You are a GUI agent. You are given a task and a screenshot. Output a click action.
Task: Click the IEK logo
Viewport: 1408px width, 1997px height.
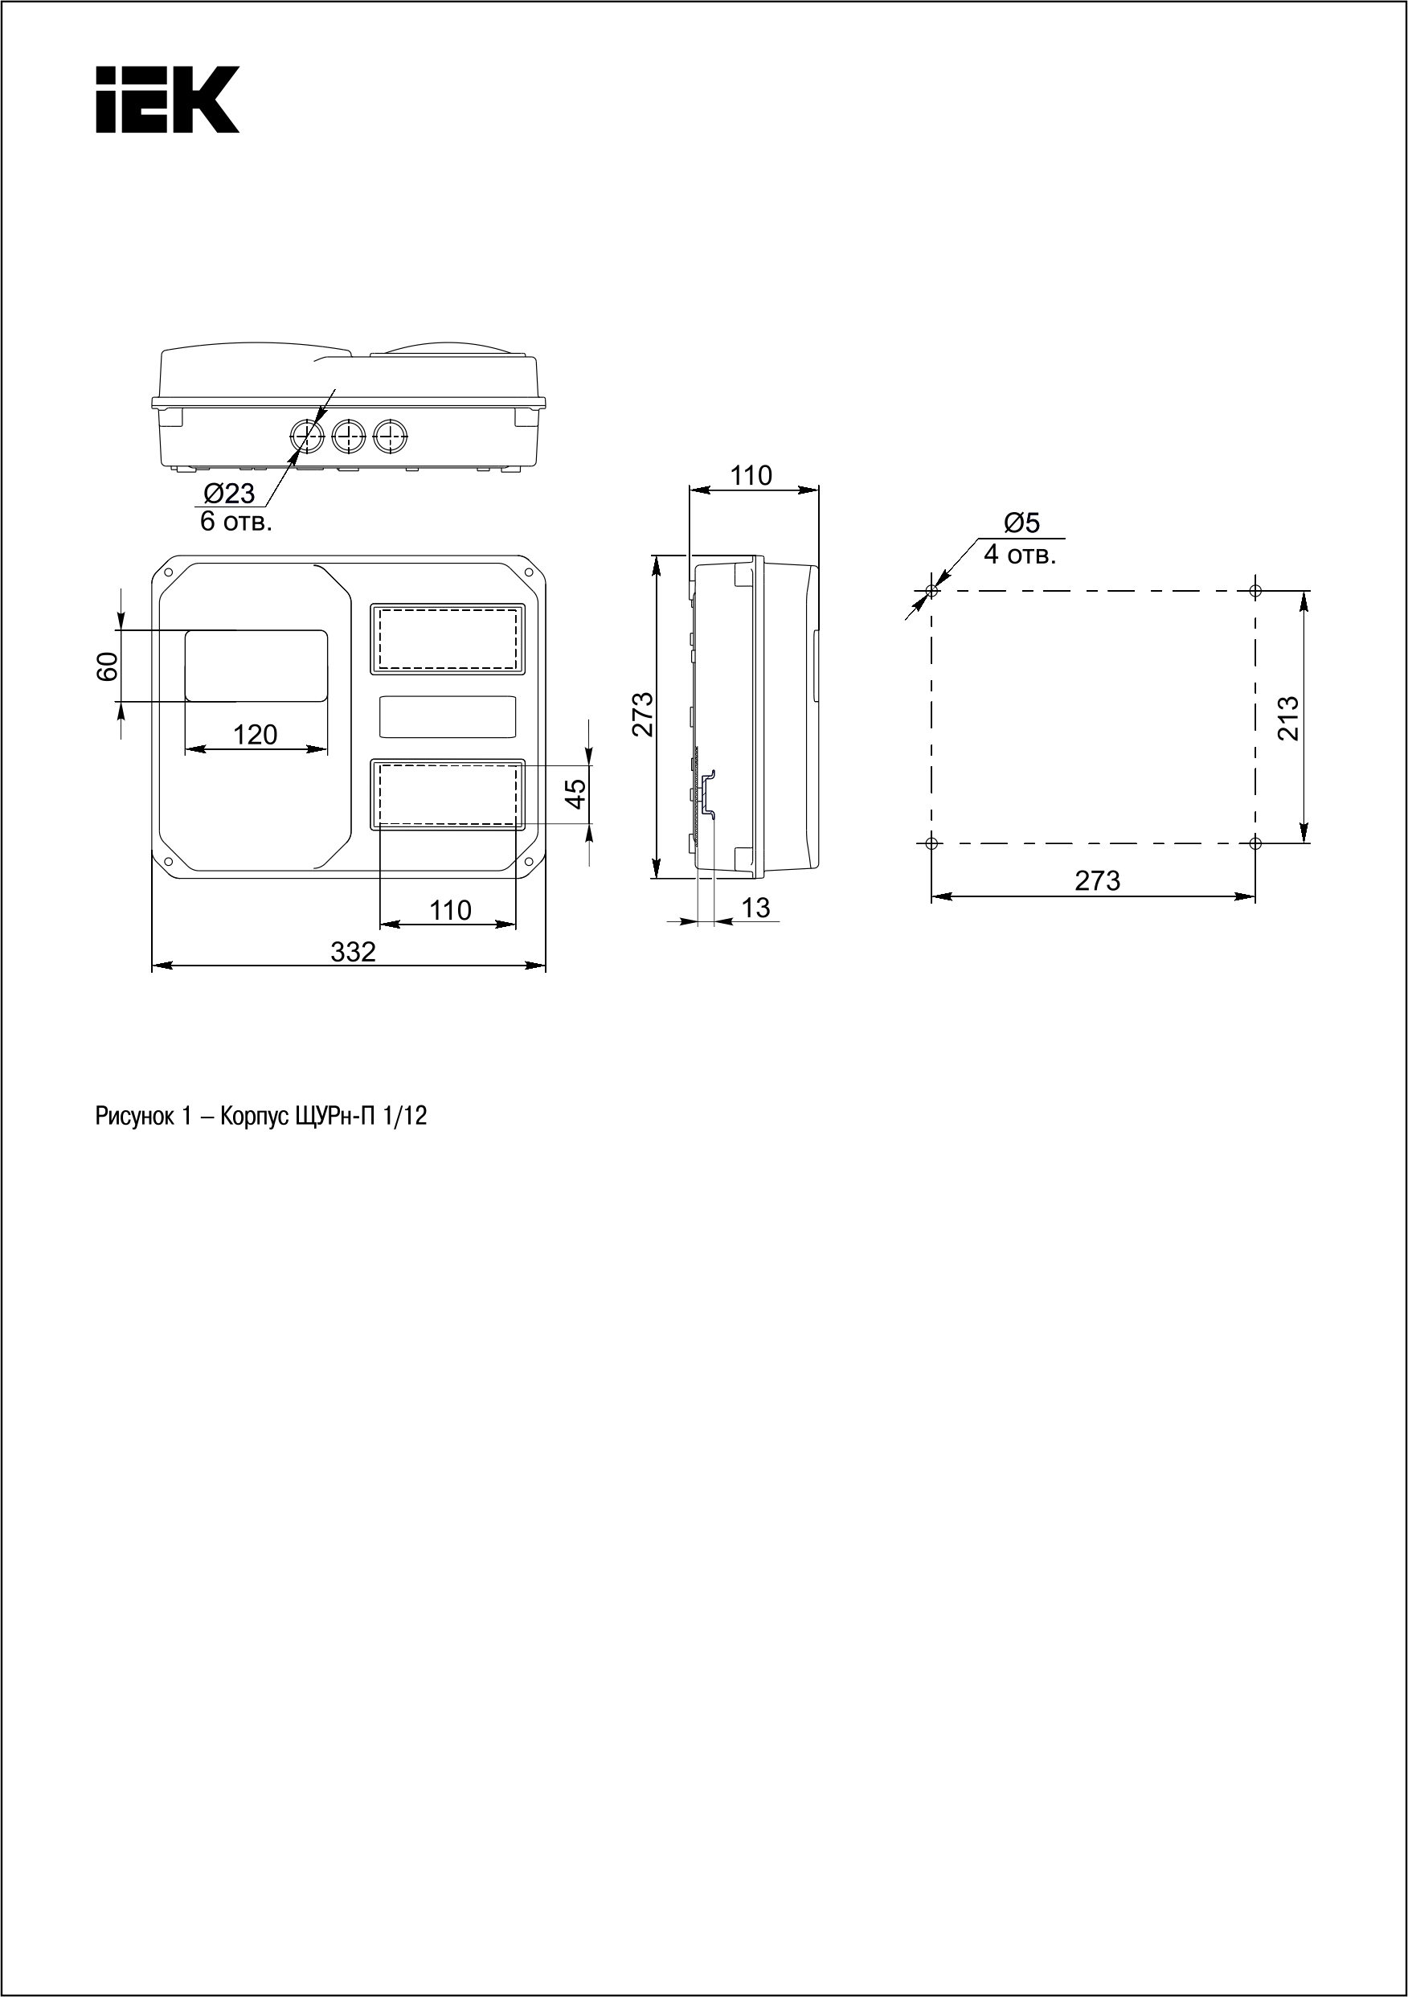(x=167, y=99)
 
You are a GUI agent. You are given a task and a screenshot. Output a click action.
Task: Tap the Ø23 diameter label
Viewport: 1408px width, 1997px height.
(x=230, y=494)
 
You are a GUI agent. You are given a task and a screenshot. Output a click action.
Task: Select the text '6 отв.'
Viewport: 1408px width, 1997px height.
(x=236, y=522)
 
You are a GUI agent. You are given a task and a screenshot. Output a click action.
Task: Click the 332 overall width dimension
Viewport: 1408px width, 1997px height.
(x=353, y=952)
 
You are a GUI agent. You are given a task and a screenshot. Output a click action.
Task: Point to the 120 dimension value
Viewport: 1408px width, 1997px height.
(x=255, y=735)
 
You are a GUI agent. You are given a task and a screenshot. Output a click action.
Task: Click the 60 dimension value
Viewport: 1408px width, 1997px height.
(x=107, y=666)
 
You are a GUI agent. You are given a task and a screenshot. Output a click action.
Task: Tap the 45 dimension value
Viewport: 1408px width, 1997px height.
(x=575, y=793)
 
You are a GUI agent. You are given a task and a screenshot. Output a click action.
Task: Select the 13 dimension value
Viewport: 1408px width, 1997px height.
(x=755, y=907)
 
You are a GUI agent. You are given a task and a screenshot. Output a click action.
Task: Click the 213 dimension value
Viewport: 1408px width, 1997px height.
(x=1288, y=718)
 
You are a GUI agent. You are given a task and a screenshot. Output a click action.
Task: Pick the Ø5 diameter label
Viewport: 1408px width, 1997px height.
(x=1022, y=523)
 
